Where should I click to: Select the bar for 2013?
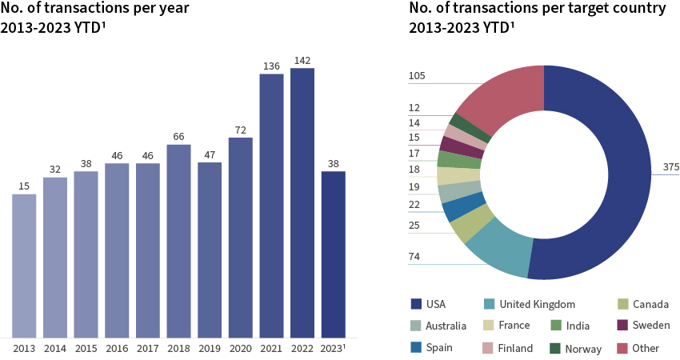(24, 266)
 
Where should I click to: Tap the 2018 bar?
(178, 241)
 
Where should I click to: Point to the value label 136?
(271, 66)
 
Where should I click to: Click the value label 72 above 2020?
(240, 130)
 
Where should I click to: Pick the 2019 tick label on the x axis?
(210, 349)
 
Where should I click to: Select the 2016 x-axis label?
(117, 349)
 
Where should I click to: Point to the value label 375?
(670, 167)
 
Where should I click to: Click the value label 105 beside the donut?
(417, 77)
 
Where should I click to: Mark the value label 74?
(414, 257)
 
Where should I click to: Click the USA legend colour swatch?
(415, 304)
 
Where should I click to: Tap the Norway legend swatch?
(554, 348)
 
